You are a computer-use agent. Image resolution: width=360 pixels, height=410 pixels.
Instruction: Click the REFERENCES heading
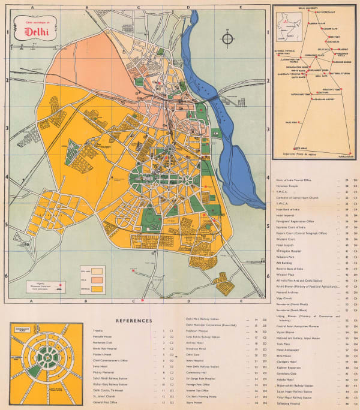137,321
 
